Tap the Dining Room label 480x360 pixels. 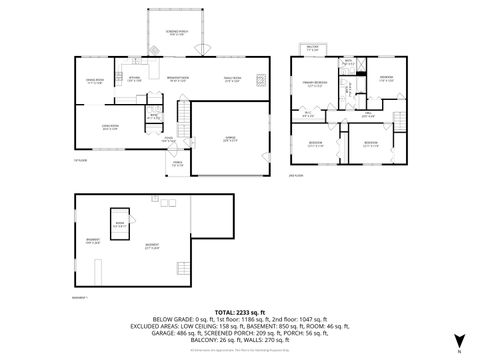(94, 82)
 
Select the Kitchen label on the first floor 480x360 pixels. (134, 78)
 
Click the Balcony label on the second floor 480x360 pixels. (312, 48)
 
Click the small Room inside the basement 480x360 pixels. (119, 224)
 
